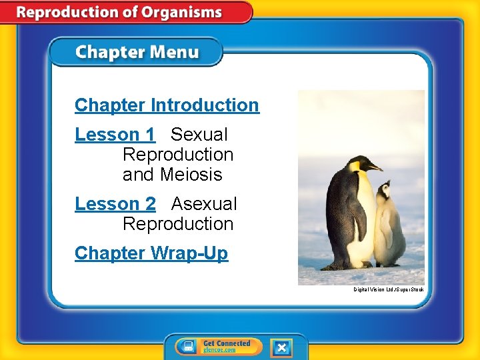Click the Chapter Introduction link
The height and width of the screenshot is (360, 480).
pos(167,105)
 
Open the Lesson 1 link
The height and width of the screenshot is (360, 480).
pos(115,135)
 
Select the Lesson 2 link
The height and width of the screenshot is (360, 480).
pos(115,204)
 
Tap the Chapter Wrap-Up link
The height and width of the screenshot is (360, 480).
pos(151,253)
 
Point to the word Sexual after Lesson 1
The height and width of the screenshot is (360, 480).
pos(199,135)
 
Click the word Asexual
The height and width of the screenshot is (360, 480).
pos(204,204)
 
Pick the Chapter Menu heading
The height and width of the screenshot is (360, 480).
pos(136,52)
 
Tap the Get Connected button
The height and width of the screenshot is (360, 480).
pos(226,347)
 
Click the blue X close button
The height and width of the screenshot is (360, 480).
pos(281,347)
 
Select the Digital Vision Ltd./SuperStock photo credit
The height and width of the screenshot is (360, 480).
pos(389,289)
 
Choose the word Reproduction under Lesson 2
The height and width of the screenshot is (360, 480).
pos(178,224)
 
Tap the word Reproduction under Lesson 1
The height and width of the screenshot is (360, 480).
pos(178,155)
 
